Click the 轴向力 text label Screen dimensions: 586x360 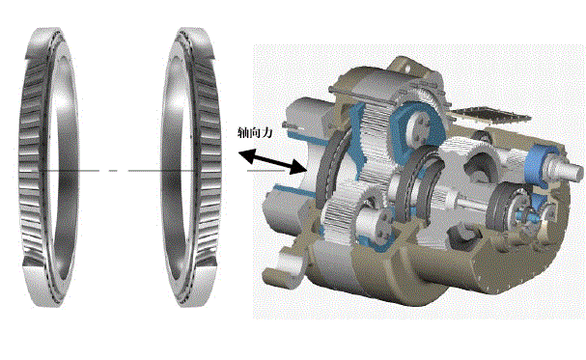(x=256, y=132)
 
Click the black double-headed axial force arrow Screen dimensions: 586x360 (x=273, y=161)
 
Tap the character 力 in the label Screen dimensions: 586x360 (x=267, y=132)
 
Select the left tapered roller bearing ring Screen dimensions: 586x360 (x=48, y=167)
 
